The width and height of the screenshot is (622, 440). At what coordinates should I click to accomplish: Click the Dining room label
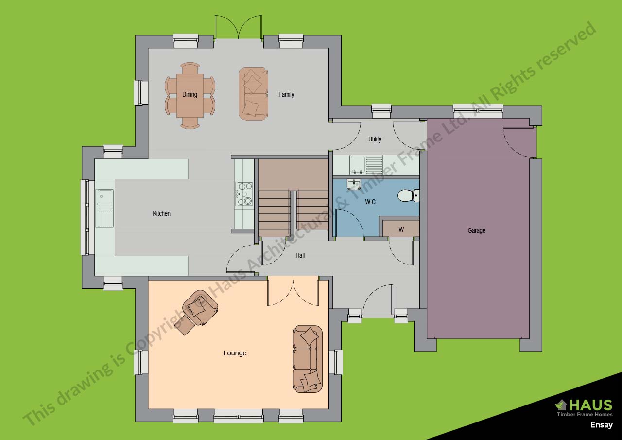tap(190, 94)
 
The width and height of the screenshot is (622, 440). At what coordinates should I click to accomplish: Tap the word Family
tap(286, 94)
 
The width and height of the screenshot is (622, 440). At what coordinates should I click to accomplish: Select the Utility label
tap(375, 139)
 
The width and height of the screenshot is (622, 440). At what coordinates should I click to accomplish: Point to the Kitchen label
tap(162, 213)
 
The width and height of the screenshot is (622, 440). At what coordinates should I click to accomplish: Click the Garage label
tap(477, 230)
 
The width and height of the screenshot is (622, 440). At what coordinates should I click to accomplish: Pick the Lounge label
tap(235, 353)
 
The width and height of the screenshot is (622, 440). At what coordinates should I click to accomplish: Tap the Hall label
tap(300, 255)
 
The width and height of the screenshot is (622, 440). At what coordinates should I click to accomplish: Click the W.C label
tap(370, 202)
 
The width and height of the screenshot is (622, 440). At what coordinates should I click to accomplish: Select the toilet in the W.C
tap(409, 195)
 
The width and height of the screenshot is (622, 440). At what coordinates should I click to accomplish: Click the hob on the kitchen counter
tap(244, 194)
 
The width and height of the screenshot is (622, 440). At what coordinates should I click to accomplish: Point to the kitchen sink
tap(104, 208)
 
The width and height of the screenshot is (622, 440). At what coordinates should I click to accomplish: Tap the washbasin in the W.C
tap(353, 184)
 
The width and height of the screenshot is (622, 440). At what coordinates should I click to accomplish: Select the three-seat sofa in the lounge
tap(308, 359)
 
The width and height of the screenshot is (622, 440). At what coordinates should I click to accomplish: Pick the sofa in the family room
tap(253, 94)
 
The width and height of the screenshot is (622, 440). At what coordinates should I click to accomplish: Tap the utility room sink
tap(366, 165)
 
